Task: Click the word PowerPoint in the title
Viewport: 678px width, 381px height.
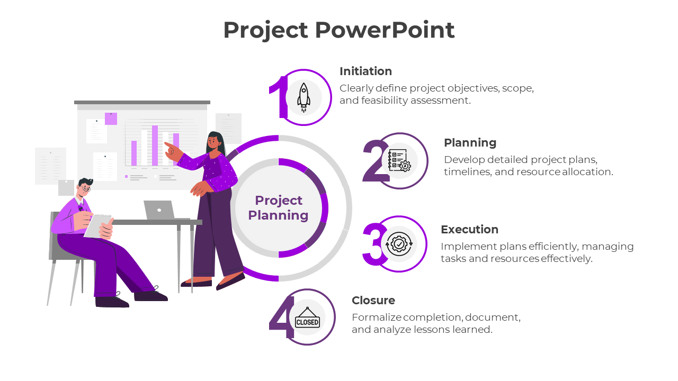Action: click(385, 30)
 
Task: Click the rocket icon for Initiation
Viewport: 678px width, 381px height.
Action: click(304, 97)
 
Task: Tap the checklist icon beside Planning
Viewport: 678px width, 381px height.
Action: click(399, 160)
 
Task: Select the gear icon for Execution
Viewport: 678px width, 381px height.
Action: click(399, 244)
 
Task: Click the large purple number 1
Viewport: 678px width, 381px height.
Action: click(278, 97)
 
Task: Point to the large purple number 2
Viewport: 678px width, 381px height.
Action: click(375, 161)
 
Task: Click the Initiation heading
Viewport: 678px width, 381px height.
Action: click(365, 71)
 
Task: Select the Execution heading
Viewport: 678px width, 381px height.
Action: click(469, 230)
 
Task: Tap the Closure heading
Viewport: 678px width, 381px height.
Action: click(373, 301)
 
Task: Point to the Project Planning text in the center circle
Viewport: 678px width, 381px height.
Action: click(278, 207)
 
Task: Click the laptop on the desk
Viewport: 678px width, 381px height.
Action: click(159, 210)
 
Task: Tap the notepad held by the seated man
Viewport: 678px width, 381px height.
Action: click(98, 225)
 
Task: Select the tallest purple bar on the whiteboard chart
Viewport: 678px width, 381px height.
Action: click(155, 146)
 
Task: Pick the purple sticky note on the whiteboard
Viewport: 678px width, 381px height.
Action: click(111, 119)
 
